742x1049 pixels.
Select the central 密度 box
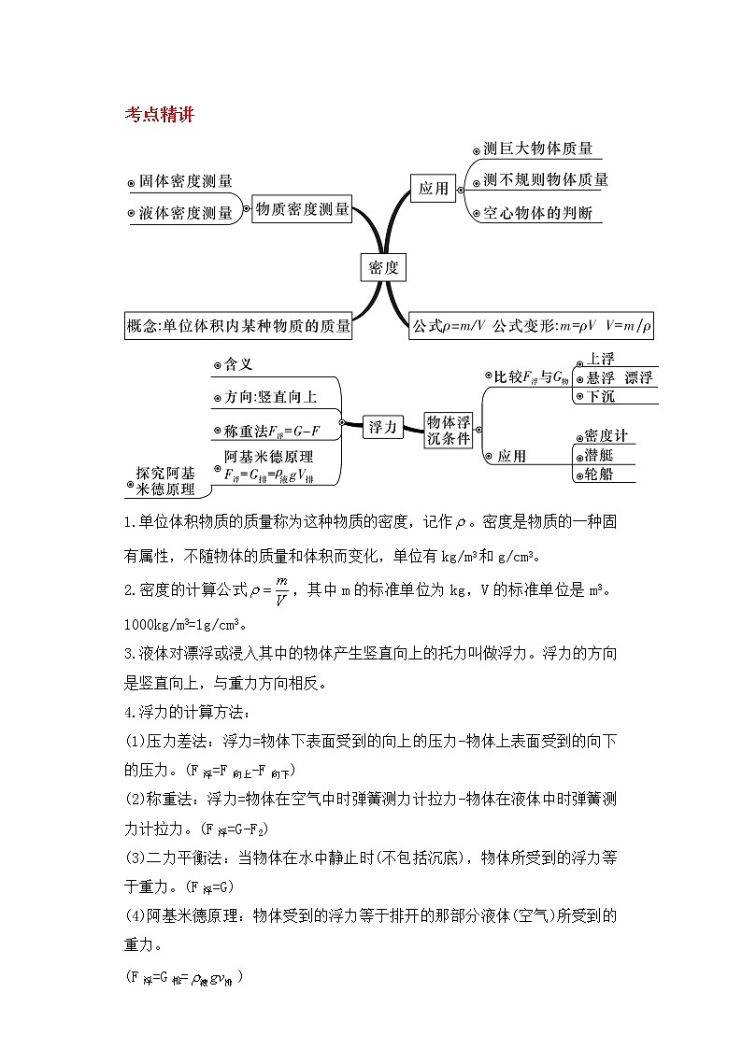(x=383, y=267)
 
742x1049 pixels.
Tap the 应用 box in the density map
(x=433, y=189)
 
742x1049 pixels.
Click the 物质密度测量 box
(x=302, y=209)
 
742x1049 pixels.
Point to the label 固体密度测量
(x=184, y=181)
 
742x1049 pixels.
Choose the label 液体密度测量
(x=185, y=213)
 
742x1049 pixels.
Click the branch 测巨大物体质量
(x=537, y=149)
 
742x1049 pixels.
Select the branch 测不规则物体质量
(x=546, y=180)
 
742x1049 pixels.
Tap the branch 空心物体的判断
(x=537, y=213)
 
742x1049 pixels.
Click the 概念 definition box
(x=238, y=326)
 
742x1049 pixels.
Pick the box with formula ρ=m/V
(x=532, y=326)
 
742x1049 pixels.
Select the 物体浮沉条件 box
(x=449, y=429)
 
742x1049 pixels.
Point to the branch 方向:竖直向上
(x=270, y=397)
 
